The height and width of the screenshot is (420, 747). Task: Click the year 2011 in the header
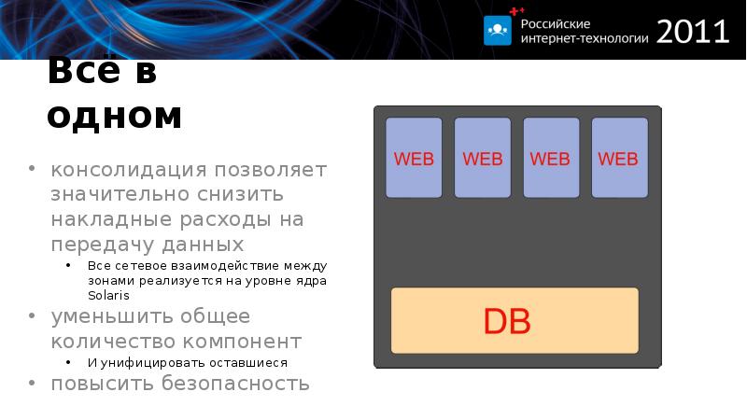692,31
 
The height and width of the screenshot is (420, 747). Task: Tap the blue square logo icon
498,30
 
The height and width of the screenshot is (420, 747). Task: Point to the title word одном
114,116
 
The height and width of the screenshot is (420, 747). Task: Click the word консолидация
127,171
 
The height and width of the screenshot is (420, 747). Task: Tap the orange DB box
514,320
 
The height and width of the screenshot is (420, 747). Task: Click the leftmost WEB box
414,158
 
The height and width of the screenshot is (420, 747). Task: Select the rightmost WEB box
619,158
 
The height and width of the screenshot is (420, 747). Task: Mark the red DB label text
507,321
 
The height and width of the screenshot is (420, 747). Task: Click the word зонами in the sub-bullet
111,281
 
